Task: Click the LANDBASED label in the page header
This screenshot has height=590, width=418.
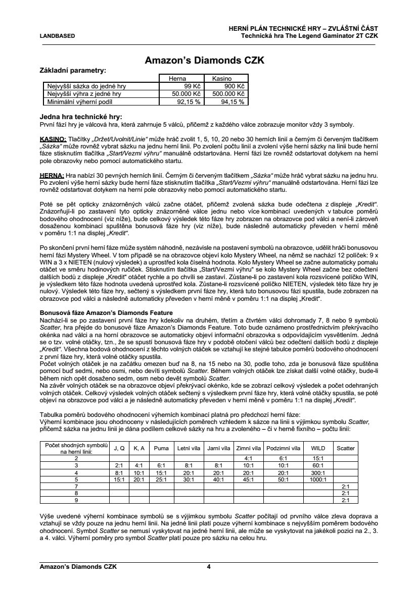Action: coord(57,36)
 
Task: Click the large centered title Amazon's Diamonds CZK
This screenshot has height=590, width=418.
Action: coord(205,60)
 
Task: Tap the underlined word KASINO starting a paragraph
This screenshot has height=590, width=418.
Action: coord(53,139)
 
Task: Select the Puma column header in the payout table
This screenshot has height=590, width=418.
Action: coord(161,448)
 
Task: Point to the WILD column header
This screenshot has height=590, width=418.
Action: coord(318,448)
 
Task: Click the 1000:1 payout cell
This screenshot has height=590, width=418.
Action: coord(318,479)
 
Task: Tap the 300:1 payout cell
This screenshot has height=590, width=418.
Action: coord(318,472)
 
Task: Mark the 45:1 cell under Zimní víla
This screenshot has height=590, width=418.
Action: coord(248,479)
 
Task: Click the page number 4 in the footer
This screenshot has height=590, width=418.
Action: coord(209,567)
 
